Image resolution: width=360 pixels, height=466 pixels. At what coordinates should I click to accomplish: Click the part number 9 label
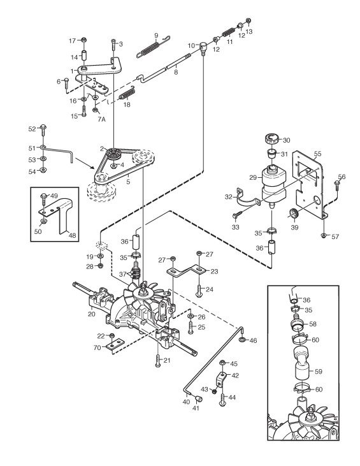pyautogui.click(x=156, y=36)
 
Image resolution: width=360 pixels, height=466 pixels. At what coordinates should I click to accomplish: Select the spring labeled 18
pyautogui.click(x=127, y=93)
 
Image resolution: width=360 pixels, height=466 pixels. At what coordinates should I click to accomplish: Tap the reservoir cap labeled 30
pyautogui.click(x=272, y=139)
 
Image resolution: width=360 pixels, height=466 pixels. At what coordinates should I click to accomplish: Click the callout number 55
pyautogui.click(x=317, y=154)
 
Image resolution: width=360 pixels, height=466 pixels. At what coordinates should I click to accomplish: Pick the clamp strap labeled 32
pyautogui.click(x=247, y=198)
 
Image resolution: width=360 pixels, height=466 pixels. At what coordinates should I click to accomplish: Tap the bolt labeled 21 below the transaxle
pyautogui.click(x=158, y=360)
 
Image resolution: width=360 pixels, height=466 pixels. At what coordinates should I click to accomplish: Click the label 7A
pyautogui.click(x=101, y=119)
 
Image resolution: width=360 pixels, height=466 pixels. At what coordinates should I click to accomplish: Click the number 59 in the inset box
pyautogui.click(x=318, y=371)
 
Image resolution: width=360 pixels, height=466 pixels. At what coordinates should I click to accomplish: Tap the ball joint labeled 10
pyautogui.click(x=203, y=48)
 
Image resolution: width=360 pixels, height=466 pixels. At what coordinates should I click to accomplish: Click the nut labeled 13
pyautogui.click(x=248, y=20)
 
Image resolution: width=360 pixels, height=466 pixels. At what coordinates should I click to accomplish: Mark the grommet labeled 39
pyautogui.click(x=294, y=214)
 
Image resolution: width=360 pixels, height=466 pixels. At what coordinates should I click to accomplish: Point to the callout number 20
pyautogui.click(x=92, y=314)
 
